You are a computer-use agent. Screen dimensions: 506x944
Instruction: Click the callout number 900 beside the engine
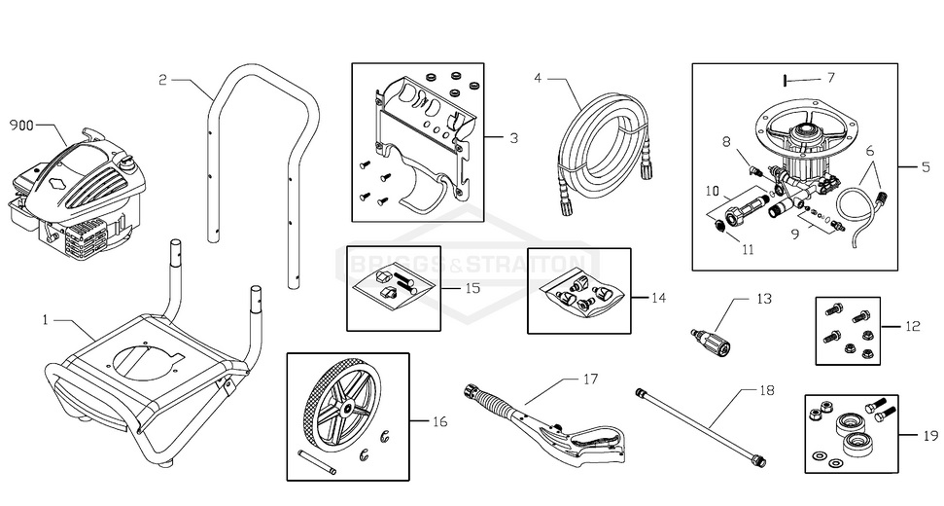tap(22, 126)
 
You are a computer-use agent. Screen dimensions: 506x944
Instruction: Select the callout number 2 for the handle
tap(163, 80)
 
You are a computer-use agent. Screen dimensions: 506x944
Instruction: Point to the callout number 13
tap(763, 299)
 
